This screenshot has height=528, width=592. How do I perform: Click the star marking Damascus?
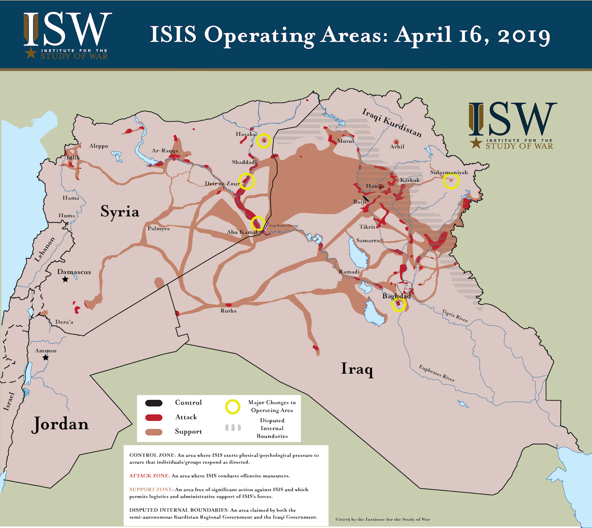tap(65, 279)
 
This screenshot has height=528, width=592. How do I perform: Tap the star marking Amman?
tap(46, 358)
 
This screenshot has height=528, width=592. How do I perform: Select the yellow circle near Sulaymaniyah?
tap(451, 181)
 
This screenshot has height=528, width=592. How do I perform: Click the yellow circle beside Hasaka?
tap(264, 141)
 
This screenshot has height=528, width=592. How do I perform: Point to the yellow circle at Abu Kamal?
tap(258, 223)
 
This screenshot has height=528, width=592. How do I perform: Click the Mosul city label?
tap(346, 141)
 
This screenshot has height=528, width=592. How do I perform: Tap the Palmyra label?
tap(159, 229)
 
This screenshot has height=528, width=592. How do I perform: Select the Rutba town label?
tap(228, 311)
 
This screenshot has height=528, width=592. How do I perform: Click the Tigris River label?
tap(455, 315)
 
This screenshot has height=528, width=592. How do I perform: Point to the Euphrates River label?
tap(437, 373)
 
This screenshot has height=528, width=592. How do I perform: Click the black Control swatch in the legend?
tap(154, 403)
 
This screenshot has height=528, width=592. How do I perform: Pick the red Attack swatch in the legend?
tap(154, 417)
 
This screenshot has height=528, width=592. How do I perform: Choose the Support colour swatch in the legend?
tap(154, 432)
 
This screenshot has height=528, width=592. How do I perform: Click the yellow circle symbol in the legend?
tap(233, 407)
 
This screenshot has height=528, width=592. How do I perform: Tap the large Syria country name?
tap(120, 211)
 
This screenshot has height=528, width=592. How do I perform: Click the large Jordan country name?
tap(60, 424)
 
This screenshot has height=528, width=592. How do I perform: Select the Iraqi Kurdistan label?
tap(391, 122)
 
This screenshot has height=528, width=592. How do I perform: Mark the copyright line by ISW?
tap(383, 519)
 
